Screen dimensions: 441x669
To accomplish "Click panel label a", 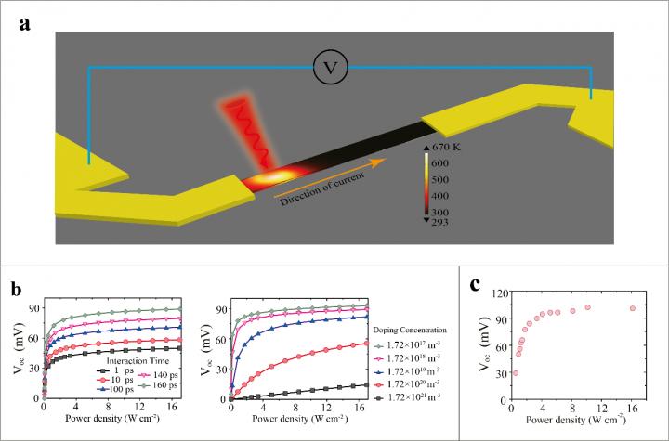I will tap(28, 24).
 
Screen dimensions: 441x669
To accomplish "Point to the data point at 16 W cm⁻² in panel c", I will tap(633, 308).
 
